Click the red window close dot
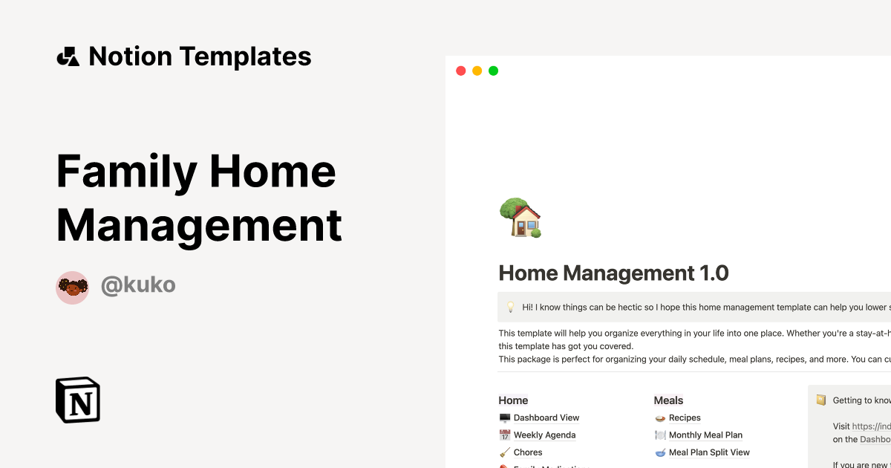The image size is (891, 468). click(460, 71)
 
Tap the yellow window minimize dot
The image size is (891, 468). click(477, 71)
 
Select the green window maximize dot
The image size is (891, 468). click(493, 71)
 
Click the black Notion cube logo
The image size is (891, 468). click(78, 400)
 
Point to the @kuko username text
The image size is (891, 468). click(138, 285)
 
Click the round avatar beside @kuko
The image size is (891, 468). click(72, 287)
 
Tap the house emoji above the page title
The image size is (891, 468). click(520, 218)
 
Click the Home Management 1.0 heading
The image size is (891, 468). click(613, 273)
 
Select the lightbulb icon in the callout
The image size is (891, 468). click(510, 307)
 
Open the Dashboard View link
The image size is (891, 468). click(546, 417)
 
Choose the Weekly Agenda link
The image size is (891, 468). click(544, 435)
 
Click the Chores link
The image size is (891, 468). click(528, 452)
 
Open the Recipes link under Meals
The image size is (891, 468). click(685, 417)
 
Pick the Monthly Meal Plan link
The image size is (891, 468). click(705, 435)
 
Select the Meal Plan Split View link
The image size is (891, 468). click(709, 452)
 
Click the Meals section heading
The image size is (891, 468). click(668, 400)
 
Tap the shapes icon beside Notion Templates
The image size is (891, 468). click(68, 56)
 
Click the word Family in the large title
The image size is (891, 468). click(126, 171)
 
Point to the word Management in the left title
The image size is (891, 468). click(199, 224)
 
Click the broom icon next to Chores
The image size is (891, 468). click(505, 452)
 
